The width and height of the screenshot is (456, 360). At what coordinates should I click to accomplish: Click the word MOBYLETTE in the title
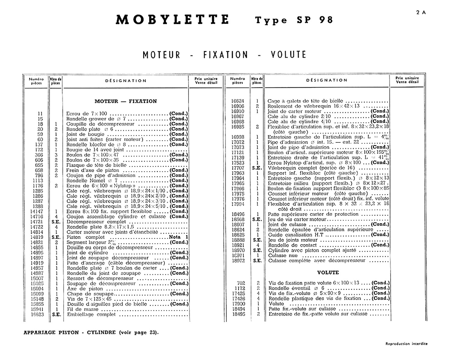tap(172, 20)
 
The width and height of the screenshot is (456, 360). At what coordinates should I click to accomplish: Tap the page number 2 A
tap(421, 13)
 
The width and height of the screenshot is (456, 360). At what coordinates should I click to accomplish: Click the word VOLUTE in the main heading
tap(288, 55)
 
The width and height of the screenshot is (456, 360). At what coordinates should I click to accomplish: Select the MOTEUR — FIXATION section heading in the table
tap(125, 101)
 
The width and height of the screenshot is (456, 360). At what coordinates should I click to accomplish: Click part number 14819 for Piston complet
tap(37, 237)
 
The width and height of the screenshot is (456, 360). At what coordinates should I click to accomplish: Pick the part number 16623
tap(37, 314)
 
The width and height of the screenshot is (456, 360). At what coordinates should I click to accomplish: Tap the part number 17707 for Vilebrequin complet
tap(238, 168)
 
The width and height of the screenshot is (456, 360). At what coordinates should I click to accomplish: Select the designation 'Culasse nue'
tap(283, 256)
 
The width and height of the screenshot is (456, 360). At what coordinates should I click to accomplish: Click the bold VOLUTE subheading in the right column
tap(328, 272)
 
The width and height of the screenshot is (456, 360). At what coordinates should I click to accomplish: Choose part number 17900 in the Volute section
tap(239, 304)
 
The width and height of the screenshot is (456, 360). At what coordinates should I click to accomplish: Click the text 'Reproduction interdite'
tap(406, 344)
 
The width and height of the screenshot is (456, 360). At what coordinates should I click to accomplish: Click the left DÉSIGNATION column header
tap(126, 81)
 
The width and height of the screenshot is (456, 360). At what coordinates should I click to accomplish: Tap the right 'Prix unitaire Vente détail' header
tap(407, 80)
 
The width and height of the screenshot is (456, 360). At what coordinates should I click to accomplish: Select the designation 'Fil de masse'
tap(83, 309)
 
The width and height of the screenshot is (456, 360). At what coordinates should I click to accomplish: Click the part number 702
tap(241, 283)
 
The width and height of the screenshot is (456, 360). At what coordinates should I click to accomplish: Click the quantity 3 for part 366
tap(56, 155)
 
